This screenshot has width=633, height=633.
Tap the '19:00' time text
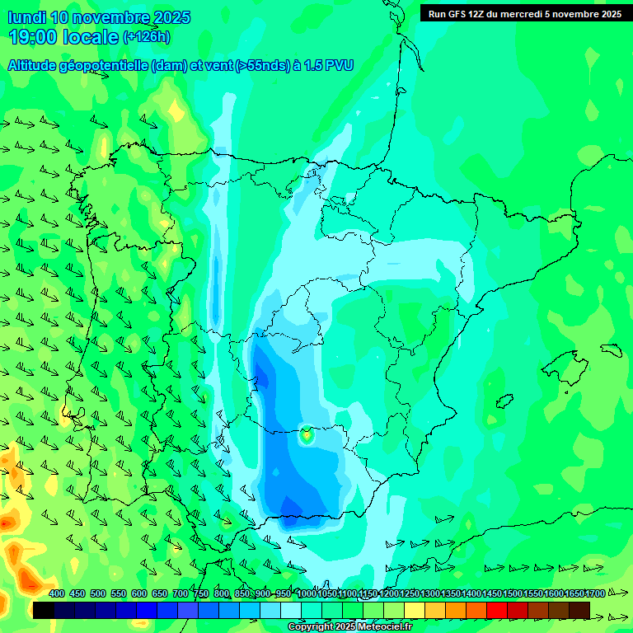point(32,37)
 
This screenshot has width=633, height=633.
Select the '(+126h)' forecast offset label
point(146,37)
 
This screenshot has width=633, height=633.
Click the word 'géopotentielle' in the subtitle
point(107,66)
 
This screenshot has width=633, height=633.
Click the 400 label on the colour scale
point(57,593)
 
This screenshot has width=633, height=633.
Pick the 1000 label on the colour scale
point(307,593)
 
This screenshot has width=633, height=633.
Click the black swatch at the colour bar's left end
point(44,610)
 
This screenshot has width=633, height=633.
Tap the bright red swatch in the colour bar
point(497,610)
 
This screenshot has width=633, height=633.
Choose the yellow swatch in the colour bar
point(415,610)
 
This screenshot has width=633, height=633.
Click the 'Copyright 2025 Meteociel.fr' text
point(349,627)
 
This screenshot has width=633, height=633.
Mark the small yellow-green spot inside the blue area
point(307,434)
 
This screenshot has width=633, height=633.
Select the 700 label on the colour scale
point(181,593)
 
